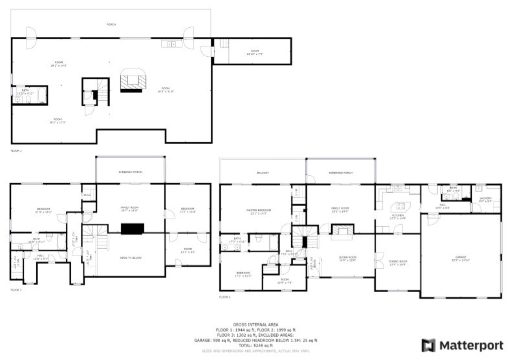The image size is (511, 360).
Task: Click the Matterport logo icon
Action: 428,344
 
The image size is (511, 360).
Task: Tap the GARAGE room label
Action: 461,258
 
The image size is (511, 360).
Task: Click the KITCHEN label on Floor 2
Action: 398,217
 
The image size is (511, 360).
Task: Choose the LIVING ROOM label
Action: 348,258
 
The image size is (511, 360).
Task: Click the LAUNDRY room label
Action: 486,200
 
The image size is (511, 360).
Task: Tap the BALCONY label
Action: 263,173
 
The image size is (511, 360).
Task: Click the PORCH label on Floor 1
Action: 112,25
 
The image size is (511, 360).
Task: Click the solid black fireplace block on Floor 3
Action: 132,228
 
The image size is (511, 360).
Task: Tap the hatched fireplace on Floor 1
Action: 134,81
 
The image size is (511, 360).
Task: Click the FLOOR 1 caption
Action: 16,151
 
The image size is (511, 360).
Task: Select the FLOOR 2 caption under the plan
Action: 224,297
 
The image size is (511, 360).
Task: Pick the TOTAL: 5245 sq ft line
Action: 255,345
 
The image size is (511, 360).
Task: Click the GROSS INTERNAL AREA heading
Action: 255,324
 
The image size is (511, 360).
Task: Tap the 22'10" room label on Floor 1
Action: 255,52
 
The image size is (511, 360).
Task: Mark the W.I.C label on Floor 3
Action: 87,194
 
